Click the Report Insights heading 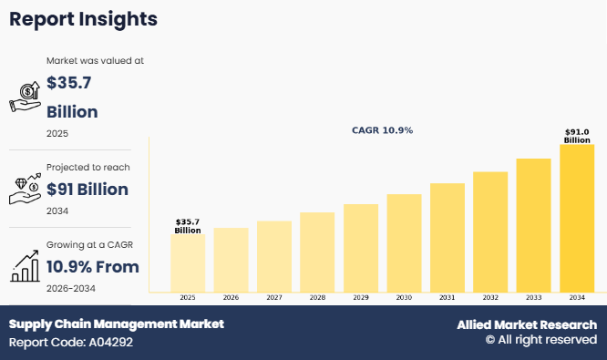(x=84, y=18)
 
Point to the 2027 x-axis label (x=274, y=298)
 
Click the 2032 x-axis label (x=490, y=298)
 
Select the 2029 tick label (x=361, y=298)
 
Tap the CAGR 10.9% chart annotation (x=382, y=130)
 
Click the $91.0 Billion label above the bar (x=577, y=136)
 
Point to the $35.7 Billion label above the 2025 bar (x=188, y=226)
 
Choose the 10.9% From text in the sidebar (x=92, y=267)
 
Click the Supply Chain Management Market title (x=116, y=324)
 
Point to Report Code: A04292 (x=73, y=343)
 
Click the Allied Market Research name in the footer (x=527, y=324)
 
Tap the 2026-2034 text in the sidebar (x=70, y=288)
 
